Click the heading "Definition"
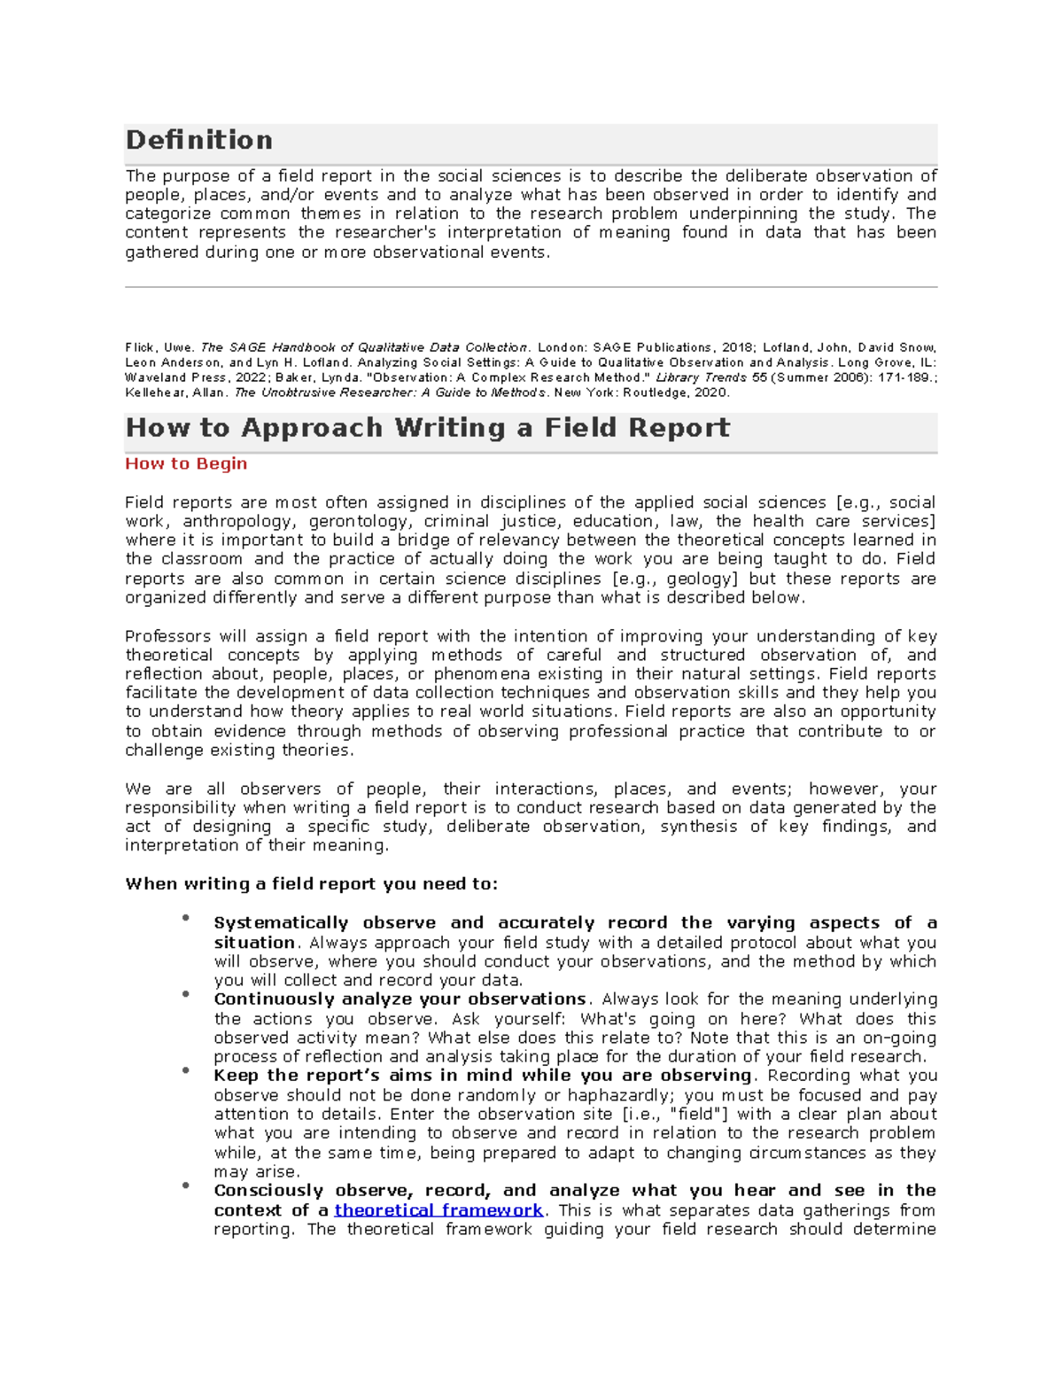[x=198, y=140]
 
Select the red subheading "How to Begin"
[x=186, y=463]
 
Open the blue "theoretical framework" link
[x=438, y=1210]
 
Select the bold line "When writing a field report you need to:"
[x=311, y=883]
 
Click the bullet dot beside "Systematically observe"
[x=186, y=918]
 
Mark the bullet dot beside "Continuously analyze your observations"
[x=186, y=994]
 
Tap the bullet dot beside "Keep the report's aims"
[x=186, y=1070]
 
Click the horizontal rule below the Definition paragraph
[x=531, y=287]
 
